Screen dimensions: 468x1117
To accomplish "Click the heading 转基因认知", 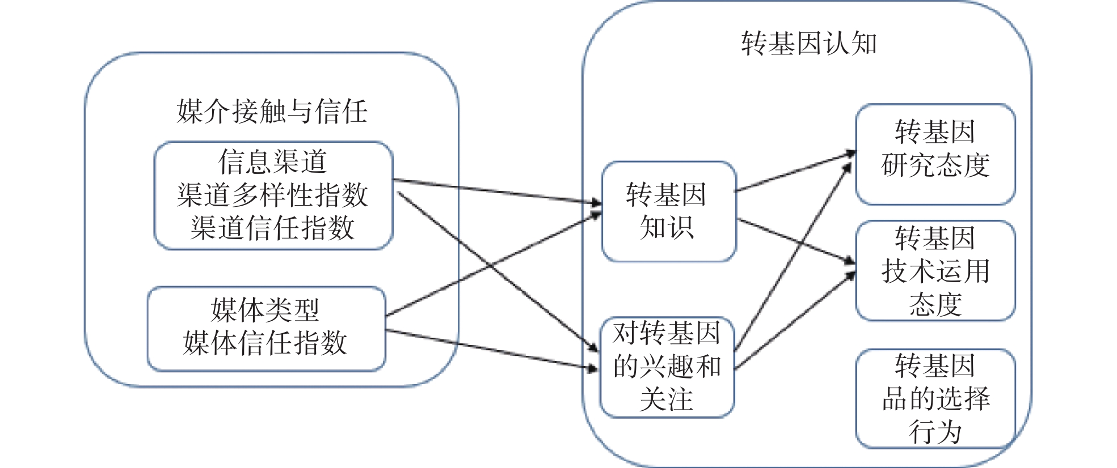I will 808,44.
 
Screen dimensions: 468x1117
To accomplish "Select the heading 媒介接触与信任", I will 272,111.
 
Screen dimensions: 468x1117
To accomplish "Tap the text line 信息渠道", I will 273,161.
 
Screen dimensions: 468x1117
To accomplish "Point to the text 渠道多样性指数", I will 273,195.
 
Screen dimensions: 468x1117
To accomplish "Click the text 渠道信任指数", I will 273,228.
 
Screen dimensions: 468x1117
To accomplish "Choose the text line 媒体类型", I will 265,310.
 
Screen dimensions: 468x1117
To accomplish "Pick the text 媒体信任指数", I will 265,343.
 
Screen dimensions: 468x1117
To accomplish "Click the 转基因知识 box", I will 668,211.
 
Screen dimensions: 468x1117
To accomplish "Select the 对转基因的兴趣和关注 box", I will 667,367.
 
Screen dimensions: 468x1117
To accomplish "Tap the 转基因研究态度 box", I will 935,154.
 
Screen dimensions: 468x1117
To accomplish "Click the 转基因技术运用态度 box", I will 935,271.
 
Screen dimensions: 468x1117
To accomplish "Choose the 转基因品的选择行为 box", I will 935,398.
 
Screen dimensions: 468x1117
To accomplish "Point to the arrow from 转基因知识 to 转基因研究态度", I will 794,172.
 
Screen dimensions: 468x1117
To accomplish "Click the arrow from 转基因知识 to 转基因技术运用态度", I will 794,240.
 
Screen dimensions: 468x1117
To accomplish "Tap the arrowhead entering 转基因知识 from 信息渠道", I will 596,202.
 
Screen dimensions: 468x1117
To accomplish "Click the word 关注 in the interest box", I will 667,399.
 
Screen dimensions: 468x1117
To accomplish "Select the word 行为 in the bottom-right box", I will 935,432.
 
